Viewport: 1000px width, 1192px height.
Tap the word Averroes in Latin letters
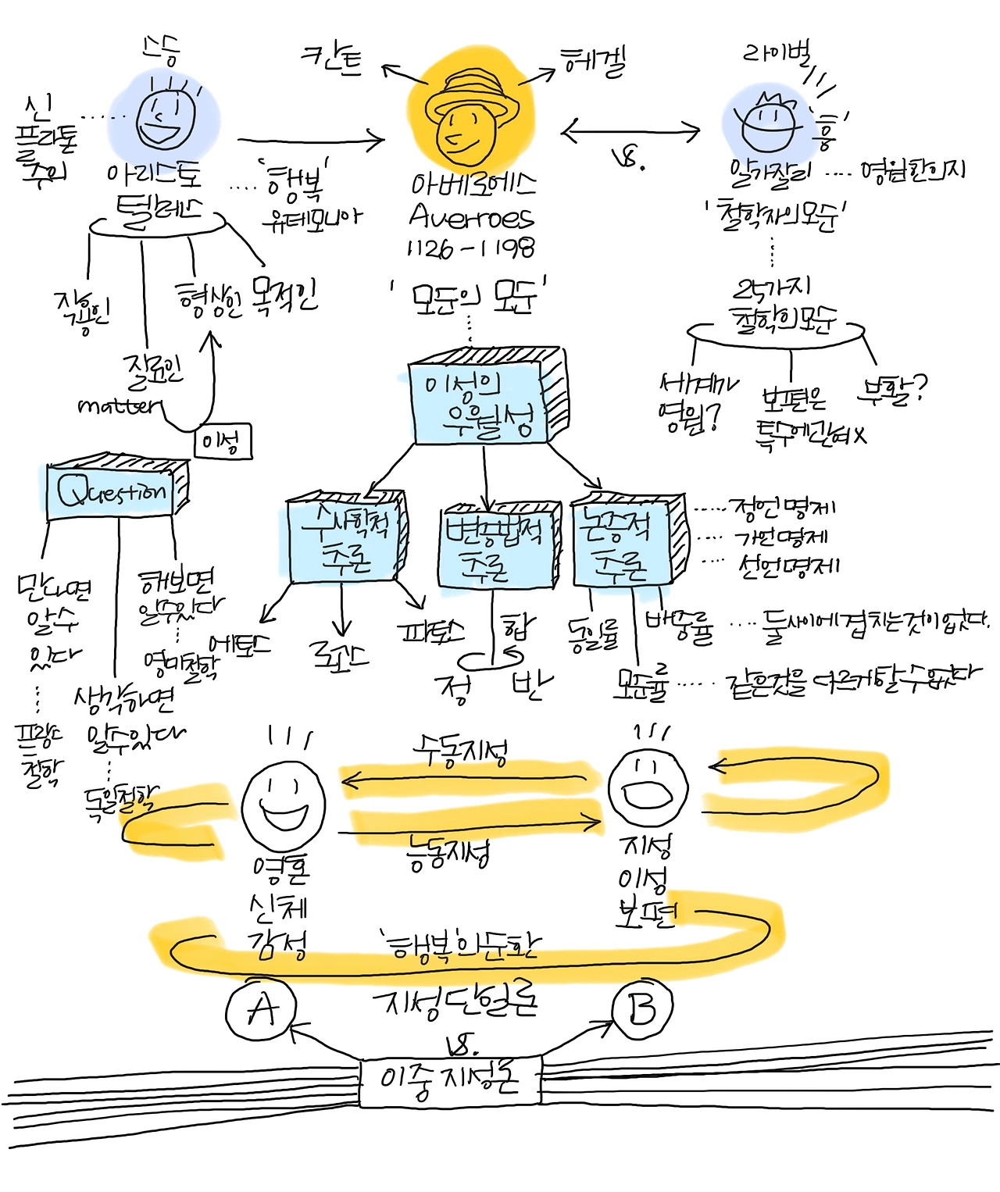click(x=470, y=216)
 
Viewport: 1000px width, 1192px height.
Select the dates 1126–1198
click(x=470, y=248)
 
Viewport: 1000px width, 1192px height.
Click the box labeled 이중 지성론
click(x=449, y=1081)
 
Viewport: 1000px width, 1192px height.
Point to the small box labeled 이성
click(x=223, y=442)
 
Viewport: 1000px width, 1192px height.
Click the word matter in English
click(x=119, y=405)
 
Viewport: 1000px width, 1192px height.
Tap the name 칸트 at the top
click(x=332, y=59)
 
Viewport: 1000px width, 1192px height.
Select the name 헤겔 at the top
click(x=594, y=61)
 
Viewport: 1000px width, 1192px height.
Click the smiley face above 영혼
click(x=283, y=805)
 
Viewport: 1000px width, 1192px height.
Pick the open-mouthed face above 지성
click(x=648, y=788)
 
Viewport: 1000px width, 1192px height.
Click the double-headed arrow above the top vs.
click(x=631, y=132)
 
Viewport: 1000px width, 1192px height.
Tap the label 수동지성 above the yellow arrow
click(x=461, y=753)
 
